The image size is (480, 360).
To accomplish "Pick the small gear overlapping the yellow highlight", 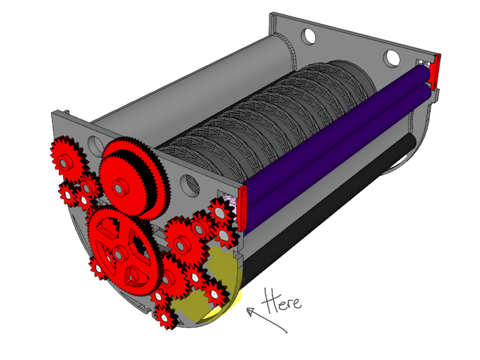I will coord(214,294).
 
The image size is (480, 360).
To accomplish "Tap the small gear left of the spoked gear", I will coord(98,268).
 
